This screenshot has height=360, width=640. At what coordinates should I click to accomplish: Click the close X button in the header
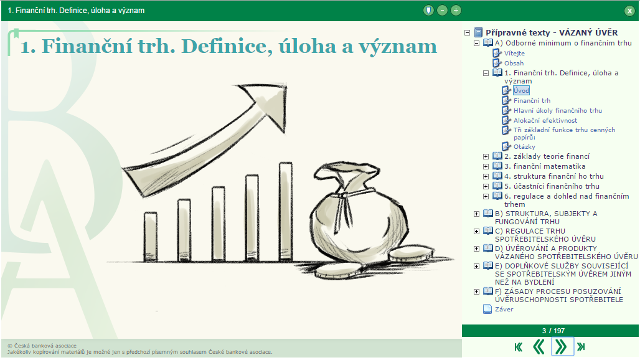point(629,11)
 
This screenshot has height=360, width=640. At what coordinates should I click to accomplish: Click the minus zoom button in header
point(442,11)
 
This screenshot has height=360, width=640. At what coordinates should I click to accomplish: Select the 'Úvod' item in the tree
point(521,90)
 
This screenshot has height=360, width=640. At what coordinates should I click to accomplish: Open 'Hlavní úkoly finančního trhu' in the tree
point(558,111)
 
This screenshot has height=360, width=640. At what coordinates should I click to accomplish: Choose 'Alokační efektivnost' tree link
point(545,120)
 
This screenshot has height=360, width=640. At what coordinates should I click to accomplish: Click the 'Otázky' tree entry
point(524,146)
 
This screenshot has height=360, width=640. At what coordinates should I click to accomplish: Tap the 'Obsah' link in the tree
point(514,64)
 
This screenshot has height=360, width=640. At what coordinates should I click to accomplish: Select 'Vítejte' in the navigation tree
point(514,53)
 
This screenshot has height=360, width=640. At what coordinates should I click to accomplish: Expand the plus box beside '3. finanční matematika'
point(486,166)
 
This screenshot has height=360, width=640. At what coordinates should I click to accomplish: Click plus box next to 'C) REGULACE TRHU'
point(476,232)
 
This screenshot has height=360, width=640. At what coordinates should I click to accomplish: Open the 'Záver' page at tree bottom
point(504,310)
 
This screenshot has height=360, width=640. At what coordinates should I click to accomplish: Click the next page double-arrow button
point(562,347)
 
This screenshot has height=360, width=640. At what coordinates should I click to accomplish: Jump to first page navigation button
point(519,348)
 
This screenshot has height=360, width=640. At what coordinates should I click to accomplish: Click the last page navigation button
point(581,347)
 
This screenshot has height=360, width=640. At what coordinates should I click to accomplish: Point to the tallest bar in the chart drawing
point(286,211)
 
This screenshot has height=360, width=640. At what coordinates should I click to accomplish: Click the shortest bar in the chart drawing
point(151,236)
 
